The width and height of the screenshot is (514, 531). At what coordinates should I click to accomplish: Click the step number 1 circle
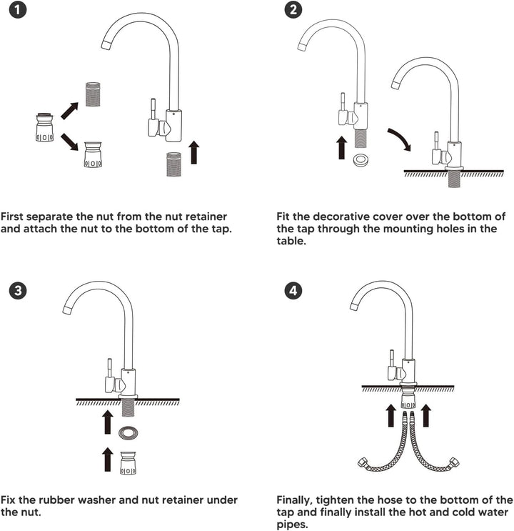click(17, 10)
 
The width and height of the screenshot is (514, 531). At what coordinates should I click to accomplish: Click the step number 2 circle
click(293, 10)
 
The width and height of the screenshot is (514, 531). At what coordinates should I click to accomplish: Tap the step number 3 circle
click(18, 291)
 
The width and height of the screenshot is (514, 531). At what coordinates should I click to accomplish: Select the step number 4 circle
click(293, 291)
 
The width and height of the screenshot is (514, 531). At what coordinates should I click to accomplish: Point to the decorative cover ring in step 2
click(361, 160)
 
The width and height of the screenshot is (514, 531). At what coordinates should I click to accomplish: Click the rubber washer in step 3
click(128, 433)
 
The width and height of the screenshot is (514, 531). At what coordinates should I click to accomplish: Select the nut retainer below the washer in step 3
click(128, 463)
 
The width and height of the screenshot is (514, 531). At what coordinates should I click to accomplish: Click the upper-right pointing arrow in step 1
click(70, 110)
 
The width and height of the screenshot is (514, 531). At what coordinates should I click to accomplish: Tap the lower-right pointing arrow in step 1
click(70, 142)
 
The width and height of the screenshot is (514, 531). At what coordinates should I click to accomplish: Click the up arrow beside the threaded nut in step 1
click(194, 152)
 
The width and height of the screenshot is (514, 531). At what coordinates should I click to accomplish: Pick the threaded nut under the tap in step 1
click(174, 164)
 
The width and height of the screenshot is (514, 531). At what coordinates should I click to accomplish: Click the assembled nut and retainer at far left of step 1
click(44, 127)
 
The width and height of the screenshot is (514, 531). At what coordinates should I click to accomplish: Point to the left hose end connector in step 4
click(364, 462)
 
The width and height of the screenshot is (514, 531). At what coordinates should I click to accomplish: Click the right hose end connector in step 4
click(453, 462)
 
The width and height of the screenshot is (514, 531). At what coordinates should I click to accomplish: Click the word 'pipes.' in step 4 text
click(293, 525)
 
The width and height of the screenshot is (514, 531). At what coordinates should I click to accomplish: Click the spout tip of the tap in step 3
click(67, 309)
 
